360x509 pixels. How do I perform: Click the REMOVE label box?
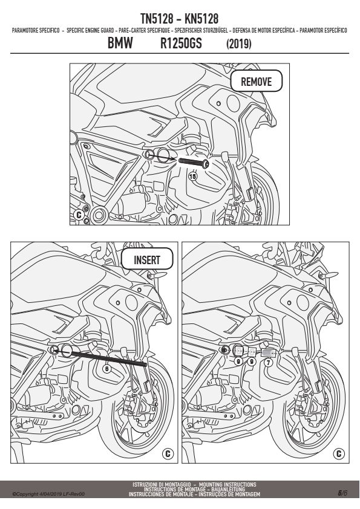[x=257, y=81]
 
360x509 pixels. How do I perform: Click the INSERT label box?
[x=147, y=259]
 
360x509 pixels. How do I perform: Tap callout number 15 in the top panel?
[x=192, y=177]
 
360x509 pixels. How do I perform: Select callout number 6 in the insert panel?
[x=106, y=368]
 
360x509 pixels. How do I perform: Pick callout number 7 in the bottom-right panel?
[x=267, y=362]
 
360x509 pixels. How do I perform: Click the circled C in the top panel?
[x=79, y=215]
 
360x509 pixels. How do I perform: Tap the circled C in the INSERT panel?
[x=168, y=453]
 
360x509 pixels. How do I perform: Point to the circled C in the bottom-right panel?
[x=339, y=453]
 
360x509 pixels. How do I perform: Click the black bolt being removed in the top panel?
[x=194, y=163]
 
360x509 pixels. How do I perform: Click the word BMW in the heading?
[x=120, y=43]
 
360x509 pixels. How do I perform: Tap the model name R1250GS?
[x=181, y=43]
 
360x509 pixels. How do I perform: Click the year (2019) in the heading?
[x=239, y=44]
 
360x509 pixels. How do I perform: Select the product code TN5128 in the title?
[x=157, y=19]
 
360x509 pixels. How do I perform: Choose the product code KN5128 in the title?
[x=201, y=19]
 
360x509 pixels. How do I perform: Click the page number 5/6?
[x=342, y=493]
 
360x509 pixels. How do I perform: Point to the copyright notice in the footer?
[x=49, y=494]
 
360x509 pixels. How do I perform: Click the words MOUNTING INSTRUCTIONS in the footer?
[x=227, y=484]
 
